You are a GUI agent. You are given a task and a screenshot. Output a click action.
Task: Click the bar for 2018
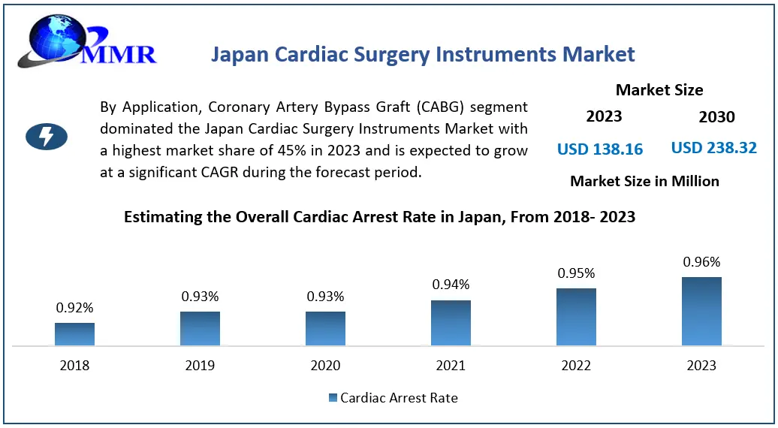point(74,334)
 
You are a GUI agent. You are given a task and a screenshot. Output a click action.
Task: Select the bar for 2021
point(451,323)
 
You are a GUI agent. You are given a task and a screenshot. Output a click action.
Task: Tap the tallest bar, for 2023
point(701,312)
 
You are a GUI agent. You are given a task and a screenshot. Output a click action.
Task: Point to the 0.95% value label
point(576,273)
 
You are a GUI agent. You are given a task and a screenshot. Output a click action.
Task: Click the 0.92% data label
point(74,308)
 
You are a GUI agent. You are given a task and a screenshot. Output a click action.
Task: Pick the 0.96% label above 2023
point(701,262)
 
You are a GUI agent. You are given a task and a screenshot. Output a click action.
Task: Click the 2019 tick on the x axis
point(199,366)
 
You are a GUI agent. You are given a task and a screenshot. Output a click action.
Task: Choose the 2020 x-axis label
point(324,366)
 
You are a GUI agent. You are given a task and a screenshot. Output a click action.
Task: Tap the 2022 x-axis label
point(576,366)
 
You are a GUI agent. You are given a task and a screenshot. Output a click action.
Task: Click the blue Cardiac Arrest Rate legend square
point(333,398)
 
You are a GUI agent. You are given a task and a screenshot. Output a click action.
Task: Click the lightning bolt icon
point(47,136)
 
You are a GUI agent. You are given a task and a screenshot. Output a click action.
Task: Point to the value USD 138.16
point(600,149)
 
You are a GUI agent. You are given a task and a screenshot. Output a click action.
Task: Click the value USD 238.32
point(713,148)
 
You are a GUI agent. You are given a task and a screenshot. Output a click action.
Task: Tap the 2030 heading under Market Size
point(716,117)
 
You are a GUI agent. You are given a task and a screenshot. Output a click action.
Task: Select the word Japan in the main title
point(238,55)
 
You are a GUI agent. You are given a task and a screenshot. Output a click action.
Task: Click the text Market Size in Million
point(644,181)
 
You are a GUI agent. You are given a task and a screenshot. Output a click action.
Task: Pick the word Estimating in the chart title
point(160,218)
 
